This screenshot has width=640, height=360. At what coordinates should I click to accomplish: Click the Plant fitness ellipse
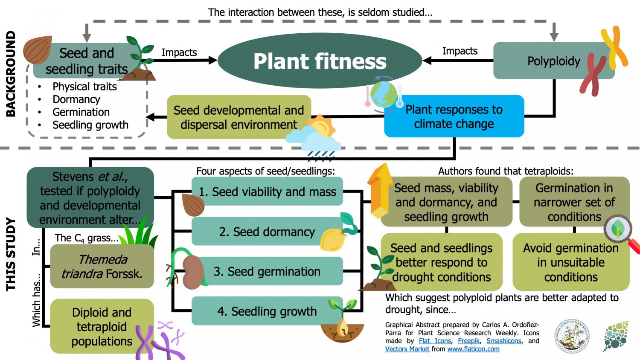320,61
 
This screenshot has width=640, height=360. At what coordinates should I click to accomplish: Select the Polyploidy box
553,61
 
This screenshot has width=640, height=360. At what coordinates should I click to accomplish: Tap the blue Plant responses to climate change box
454,116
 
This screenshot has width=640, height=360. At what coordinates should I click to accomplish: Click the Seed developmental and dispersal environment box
239,117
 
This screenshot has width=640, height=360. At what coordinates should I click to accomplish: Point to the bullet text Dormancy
76,99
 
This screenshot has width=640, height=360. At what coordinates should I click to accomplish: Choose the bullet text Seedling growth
90,125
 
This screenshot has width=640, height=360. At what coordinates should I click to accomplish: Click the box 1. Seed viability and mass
267,192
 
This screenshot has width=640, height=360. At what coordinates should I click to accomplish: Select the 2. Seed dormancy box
267,232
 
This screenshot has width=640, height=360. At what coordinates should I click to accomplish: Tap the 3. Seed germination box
267,271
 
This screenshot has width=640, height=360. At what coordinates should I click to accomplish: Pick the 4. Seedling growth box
267,311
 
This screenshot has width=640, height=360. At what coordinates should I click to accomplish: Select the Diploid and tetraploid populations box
102,326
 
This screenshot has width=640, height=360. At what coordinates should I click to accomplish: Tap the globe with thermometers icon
384,95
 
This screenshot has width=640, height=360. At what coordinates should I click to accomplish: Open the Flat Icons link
434,341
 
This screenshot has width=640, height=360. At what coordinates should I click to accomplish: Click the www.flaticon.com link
473,349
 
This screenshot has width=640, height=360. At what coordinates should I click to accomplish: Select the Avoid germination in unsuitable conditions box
570,262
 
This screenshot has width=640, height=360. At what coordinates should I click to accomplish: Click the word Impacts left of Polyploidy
460,51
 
